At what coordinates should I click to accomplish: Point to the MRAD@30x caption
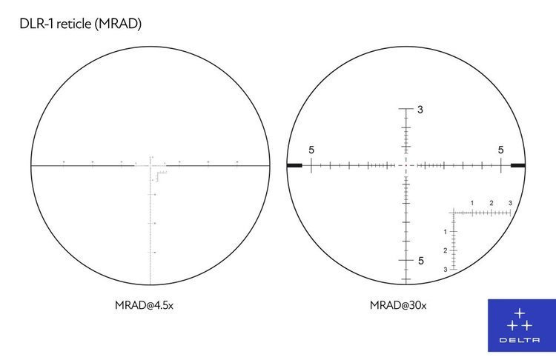[399, 304]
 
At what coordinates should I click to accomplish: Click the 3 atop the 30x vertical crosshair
[420, 110]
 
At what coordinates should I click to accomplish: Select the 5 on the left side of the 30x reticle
[311, 150]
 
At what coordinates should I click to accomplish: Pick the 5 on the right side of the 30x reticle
[501, 150]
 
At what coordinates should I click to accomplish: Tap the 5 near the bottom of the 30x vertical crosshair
[420, 261]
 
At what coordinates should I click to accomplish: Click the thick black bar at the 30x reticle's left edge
[294, 165]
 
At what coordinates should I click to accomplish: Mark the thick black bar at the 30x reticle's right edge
[517, 165]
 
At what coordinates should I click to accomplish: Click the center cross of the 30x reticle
[406, 165]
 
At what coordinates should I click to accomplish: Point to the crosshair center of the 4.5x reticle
[150, 165]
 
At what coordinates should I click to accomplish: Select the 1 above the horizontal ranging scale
[472, 203]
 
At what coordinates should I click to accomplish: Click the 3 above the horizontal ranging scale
[510, 203]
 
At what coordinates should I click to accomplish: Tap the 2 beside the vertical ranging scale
[446, 250]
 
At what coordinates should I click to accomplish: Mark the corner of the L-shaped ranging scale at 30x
[454, 213]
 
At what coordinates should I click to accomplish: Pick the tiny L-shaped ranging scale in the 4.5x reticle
[159, 175]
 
